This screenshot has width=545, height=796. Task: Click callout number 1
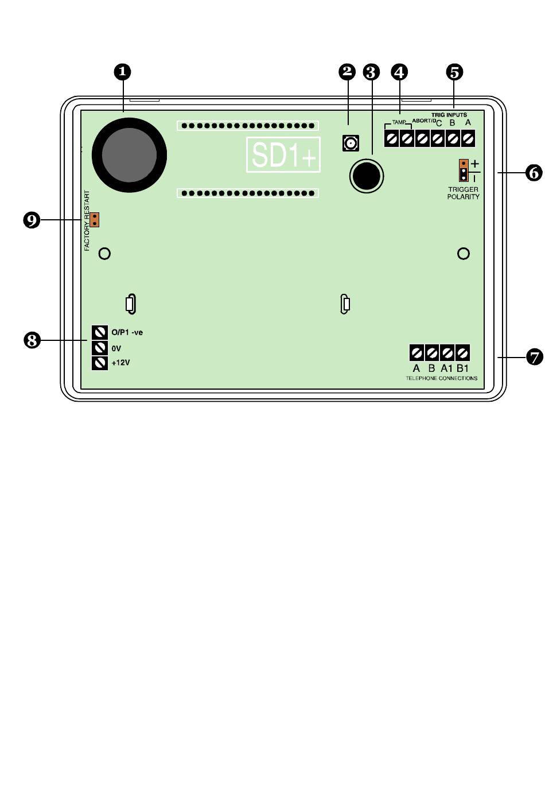(x=122, y=72)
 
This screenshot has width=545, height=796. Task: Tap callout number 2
(x=347, y=72)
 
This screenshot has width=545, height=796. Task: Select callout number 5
(x=454, y=72)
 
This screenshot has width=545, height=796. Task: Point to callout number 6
(x=534, y=172)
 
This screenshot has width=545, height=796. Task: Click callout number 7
(x=534, y=357)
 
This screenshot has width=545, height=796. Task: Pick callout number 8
(x=32, y=340)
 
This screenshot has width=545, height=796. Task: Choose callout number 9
(x=32, y=220)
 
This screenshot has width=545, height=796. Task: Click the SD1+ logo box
(x=283, y=154)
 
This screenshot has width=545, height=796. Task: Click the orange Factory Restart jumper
(x=95, y=219)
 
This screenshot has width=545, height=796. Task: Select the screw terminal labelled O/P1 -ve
(x=100, y=332)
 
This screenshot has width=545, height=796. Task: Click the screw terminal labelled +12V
(x=100, y=363)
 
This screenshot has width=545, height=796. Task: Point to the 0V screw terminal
(x=100, y=348)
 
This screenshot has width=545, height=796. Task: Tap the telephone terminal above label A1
(x=447, y=352)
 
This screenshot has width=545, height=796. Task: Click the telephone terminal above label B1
(x=462, y=352)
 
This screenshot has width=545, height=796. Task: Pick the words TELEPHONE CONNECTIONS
(x=441, y=379)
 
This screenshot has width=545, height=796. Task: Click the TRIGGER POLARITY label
(x=463, y=193)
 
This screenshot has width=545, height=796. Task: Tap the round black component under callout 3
(x=366, y=176)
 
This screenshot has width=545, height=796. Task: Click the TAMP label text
(x=399, y=122)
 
